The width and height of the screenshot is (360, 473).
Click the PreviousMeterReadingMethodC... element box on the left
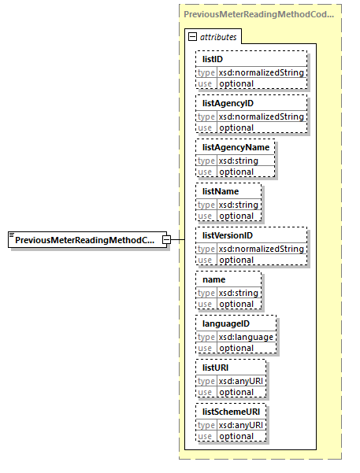[x=85, y=239]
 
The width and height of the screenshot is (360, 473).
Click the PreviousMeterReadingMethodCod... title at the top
[x=258, y=14]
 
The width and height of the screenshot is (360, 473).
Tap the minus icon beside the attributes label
[x=191, y=37]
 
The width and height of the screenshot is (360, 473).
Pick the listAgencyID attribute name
[x=228, y=103]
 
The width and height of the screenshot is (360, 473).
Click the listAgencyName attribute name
[x=235, y=147]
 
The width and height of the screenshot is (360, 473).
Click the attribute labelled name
[x=213, y=279]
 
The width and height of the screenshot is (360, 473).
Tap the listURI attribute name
[x=217, y=368]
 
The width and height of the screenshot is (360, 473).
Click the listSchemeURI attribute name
[x=231, y=412]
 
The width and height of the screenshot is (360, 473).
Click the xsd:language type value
[x=246, y=337]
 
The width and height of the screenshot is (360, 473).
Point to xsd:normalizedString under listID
[x=261, y=72]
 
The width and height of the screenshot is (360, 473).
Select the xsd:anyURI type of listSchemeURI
[x=241, y=425]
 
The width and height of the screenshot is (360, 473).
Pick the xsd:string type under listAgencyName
[x=237, y=161]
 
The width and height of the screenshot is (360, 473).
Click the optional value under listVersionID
[x=236, y=260]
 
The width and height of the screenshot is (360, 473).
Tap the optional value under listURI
[x=236, y=392]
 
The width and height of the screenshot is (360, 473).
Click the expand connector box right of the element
[x=167, y=239]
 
